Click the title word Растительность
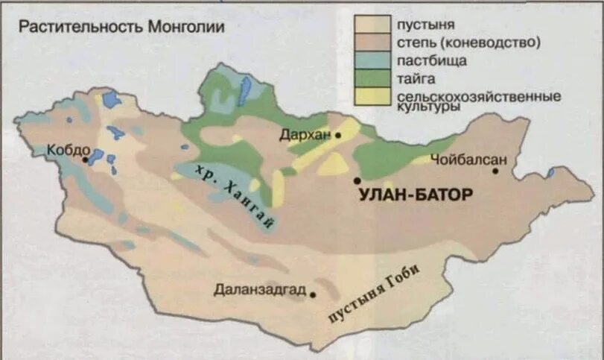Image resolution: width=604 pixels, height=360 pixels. pos(80,28)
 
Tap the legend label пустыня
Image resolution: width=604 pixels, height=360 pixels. pos(425,25)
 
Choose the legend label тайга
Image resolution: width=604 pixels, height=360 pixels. pos(411,78)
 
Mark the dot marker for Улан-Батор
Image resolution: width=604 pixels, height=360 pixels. pos(357,180)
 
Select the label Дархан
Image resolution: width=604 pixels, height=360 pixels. pos(305,135)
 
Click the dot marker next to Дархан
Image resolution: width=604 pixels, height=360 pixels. pos(338,136)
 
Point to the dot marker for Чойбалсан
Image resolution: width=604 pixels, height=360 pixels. pos(495,171)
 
